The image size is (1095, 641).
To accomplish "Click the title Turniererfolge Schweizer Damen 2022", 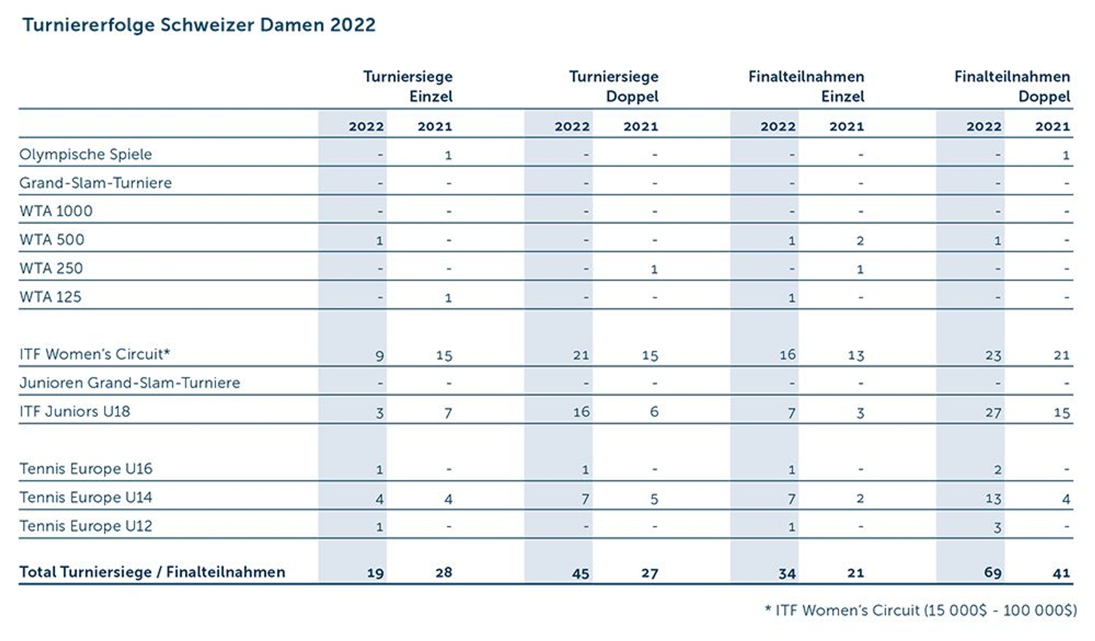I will (x=199, y=25).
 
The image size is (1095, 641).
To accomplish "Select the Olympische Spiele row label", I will (x=85, y=154).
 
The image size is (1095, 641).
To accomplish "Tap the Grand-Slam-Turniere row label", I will (x=95, y=182).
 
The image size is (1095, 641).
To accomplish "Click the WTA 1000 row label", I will (x=56, y=211).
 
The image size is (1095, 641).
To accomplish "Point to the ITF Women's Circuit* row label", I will (x=94, y=354).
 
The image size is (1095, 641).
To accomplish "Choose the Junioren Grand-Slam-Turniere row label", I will (x=129, y=383).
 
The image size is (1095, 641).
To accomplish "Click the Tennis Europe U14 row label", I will (x=85, y=497).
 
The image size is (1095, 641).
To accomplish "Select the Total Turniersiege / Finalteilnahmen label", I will (x=152, y=572).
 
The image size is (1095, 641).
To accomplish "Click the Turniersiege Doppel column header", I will (x=614, y=86).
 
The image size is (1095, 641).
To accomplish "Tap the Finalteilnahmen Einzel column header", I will (x=806, y=86).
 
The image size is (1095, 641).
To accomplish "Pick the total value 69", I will (x=993, y=572).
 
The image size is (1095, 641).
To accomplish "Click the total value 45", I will (x=580, y=573).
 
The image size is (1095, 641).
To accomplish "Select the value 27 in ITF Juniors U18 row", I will (x=994, y=412).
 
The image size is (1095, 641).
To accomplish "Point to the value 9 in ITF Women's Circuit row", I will (x=379, y=356).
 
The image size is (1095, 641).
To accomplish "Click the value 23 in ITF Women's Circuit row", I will (x=994, y=355).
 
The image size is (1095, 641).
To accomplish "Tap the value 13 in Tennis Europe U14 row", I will (x=994, y=499).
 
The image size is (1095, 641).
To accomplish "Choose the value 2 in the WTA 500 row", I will (x=860, y=241).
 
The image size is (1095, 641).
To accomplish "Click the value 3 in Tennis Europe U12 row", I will (x=997, y=528).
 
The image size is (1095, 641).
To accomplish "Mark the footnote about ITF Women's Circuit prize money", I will (x=920, y=611).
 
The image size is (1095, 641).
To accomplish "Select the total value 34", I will (x=787, y=573).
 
